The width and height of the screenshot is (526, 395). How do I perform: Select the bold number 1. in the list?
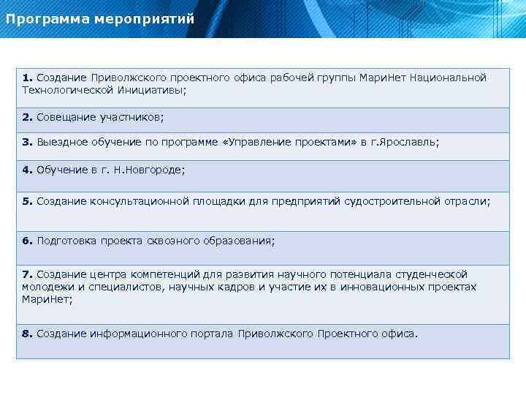(27, 78)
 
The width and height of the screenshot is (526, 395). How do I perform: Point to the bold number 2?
(27, 117)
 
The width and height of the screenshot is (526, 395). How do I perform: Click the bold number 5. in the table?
(27, 201)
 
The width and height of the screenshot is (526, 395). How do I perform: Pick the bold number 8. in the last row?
(27, 334)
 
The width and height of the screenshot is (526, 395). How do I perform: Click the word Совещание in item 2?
(63, 117)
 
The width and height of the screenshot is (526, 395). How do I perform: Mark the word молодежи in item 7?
(45, 287)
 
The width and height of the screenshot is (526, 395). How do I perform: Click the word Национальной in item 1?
(448, 78)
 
